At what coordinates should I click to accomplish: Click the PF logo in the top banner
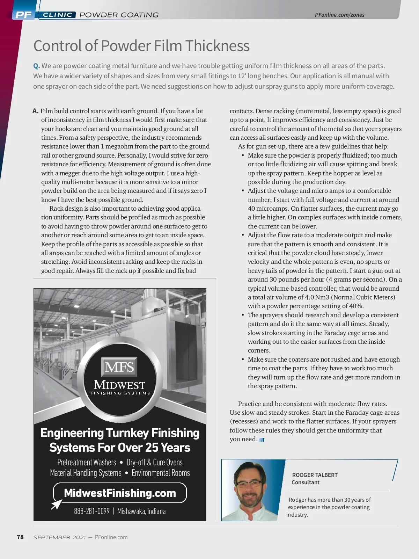coord(23,15)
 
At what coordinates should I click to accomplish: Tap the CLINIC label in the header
coord(58,15)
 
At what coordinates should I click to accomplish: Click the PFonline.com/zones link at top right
coord(339,15)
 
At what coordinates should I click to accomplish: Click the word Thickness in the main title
coord(217,46)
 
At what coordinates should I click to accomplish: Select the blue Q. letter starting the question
coord(36,66)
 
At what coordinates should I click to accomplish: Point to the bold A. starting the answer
coord(35,111)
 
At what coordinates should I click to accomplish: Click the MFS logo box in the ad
coord(119,367)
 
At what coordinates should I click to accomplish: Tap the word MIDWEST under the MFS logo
coord(119,385)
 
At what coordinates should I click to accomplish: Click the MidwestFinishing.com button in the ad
coord(120,493)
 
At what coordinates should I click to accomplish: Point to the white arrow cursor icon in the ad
coord(56,504)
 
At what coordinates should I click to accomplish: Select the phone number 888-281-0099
coord(92,511)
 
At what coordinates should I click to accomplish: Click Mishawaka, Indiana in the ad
coord(141,511)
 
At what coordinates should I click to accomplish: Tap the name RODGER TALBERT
coord(315,475)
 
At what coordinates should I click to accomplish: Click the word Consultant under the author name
coord(306,482)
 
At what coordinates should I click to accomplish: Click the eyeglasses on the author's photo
coord(249,484)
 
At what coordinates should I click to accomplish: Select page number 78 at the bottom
coord(20,537)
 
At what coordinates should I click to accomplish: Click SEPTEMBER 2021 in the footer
coord(59,537)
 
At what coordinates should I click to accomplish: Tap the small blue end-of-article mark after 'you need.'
coord(262,440)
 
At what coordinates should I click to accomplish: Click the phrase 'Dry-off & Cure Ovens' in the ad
coord(154,462)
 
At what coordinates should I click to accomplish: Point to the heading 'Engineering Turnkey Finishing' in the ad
coord(120,433)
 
